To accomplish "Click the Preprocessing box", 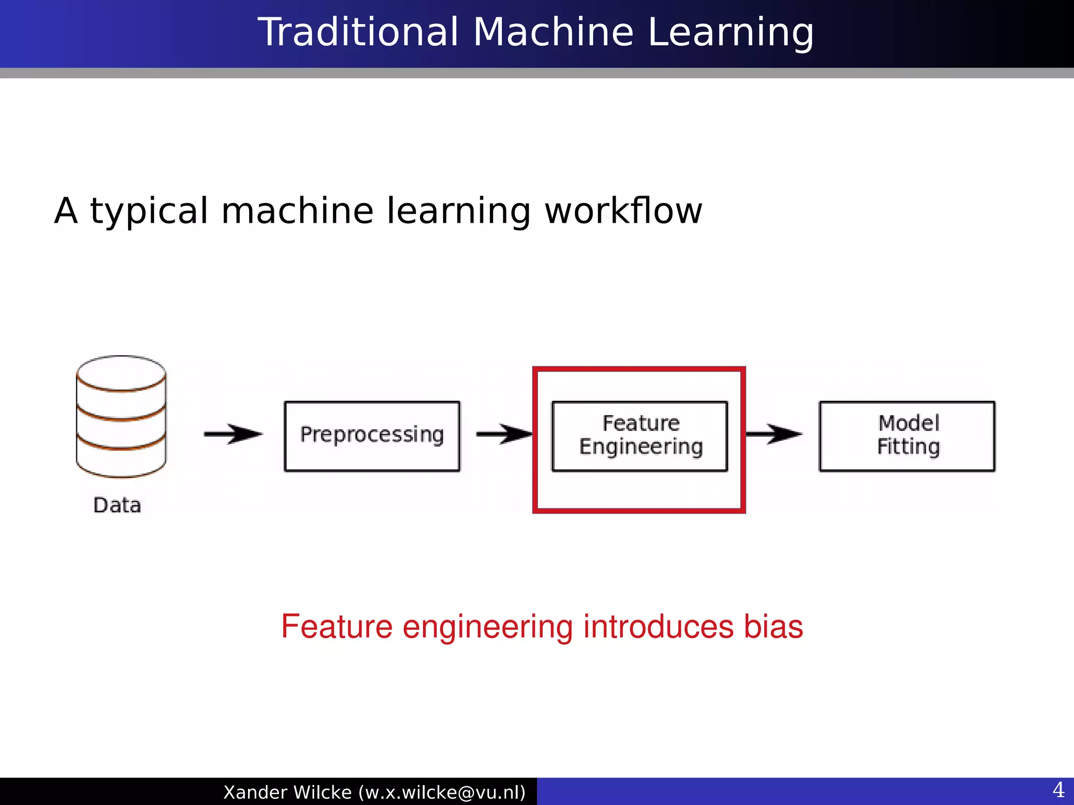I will click(372, 436).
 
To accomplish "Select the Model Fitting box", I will click(907, 436).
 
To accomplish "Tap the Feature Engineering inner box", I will click(639, 436).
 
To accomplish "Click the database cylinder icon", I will click(121, 417).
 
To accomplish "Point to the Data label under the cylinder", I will click(117, 505).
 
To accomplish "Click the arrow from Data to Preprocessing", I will click(233, 434).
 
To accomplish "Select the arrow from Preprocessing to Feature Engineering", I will click(503, 434).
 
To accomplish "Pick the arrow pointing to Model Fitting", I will click(774, 434).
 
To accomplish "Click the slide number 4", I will click(1058, 790).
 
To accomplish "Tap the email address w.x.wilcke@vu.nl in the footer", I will click(442, 792).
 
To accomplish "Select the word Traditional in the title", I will click(359, 32).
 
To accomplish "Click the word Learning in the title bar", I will click(731, 32).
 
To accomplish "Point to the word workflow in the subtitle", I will click(623, 211).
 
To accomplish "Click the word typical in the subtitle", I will click(149, 211).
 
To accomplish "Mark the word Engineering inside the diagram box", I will click(641, 447).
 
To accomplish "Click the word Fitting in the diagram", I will click(908, 447).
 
